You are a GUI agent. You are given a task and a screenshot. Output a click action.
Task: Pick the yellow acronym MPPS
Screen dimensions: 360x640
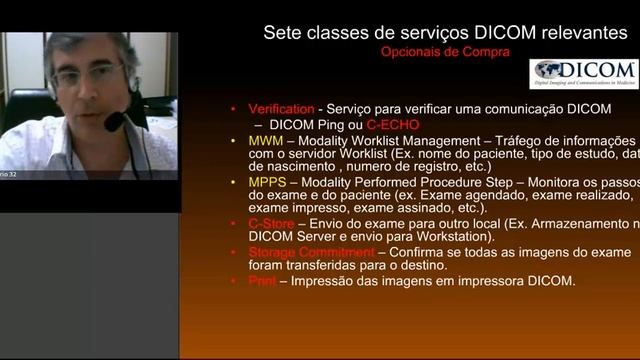[267, 182]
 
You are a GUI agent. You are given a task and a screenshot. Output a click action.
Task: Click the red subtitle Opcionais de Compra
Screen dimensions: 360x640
[445, 51]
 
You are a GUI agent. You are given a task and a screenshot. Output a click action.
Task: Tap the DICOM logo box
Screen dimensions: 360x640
[584, 73]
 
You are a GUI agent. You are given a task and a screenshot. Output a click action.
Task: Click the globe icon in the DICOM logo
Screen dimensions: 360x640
[547, 70]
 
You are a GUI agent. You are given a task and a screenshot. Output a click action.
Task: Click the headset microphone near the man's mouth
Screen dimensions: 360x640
[115, 122]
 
